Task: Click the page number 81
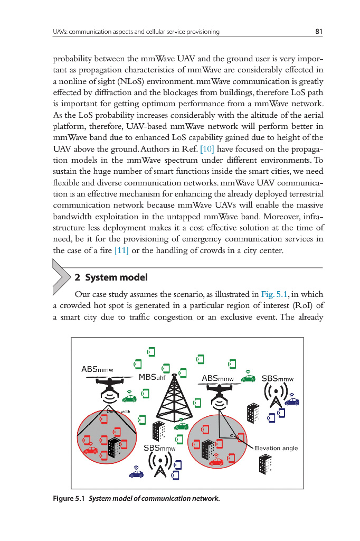coord(318,32)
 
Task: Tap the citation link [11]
coord(121,250)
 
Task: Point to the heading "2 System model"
coord(111,277)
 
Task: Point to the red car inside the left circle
coord(90,450)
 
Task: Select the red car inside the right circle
coord(216,461)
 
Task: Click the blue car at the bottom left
coord(136,473)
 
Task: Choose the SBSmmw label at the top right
coord(277,378)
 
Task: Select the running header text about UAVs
coord(136,32)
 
